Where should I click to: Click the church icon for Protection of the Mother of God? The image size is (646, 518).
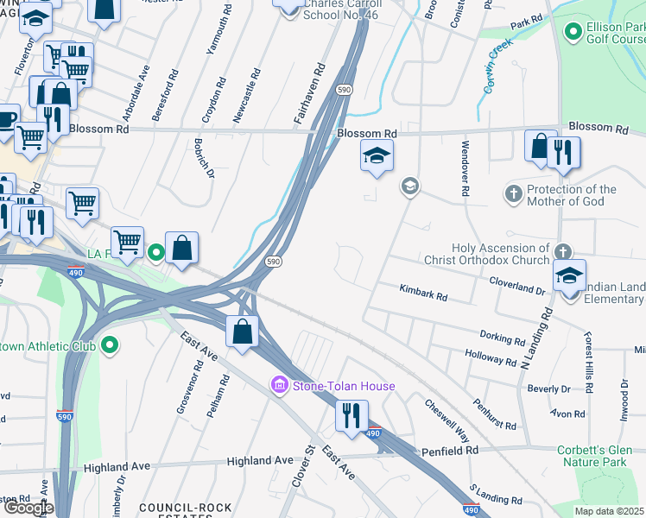coord(514,194)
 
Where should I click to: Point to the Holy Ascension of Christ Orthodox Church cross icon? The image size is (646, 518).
coord(562,252)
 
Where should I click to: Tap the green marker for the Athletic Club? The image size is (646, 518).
coord(109,346)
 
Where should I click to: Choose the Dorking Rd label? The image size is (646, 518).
coord(502,336)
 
